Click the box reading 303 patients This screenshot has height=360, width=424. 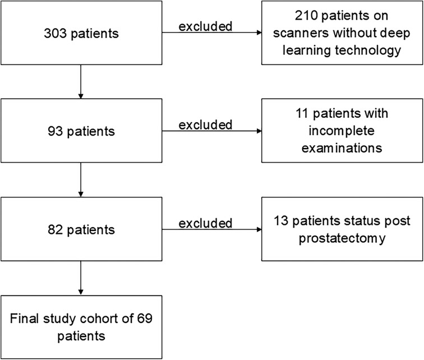click(x=81, y=34)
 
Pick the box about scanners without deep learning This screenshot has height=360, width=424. click(x=342, y=34)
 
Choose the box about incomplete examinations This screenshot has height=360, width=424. click(x=342, y=131)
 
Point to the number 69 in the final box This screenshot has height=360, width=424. click(x=145, y=319)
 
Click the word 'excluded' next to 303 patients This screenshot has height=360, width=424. click(x=205, y=26)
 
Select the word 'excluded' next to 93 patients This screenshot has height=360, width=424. click(x=205, y=123)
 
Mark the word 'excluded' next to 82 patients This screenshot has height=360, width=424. click(x=205, y=223)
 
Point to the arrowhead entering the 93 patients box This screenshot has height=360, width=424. click(x=81, y=96)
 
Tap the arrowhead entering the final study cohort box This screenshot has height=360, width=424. click(x=81, y=292)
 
